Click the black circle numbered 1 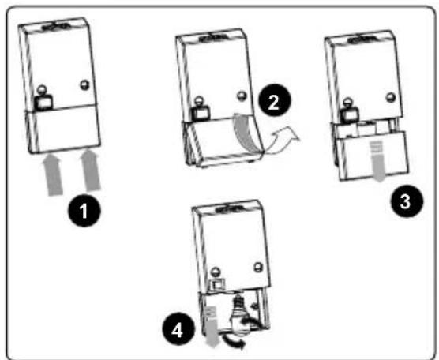pyautogui.click(x=84, y=211)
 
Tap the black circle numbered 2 pyautogui.click(x=275, y=101)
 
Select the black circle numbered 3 pyautogui.click(x=407, y=201)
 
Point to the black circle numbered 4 pyautogui.click(x=178, y=329)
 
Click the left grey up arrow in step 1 pyautogui.click(x=53, y=175)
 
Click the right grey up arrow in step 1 pyautogui.click(x=90, y=171)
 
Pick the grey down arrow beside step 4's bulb pyautogui.click(x=212, y=326)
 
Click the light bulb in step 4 pyautogui.click(x=238, y=314)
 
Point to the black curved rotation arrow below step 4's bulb pyautogui.click(x=233, y=341)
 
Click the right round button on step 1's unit pyautogui.click(x=84, y=84)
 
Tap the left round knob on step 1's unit pyautogui.click(x=42, y=89)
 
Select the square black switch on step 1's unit pyautogui.click(x=43, y=102)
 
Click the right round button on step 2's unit pyautogui.click(x=242, y=96)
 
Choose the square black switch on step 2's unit pyautogui.click(x=201, y=114)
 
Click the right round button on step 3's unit pyautogui.click(x=390, y=97)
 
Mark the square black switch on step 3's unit pyautogui.click(x=350, y=114)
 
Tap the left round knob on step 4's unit pyautogui.click(x=216, y=272)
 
